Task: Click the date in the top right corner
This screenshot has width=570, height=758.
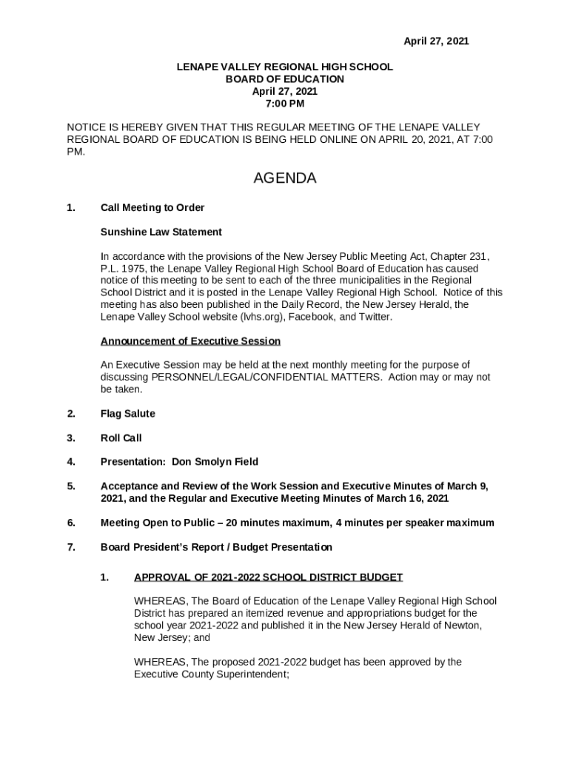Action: pyautogui.click(x=435, y=41)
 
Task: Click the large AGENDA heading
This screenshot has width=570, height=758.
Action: pyautogui.click(x=285, y=178)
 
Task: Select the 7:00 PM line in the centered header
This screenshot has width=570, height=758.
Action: pyautogui.click(x=285, y=104)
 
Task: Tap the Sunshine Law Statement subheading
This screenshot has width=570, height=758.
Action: pyautogui.click(x=161, y=232)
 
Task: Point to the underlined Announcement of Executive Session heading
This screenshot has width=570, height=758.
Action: pyautogui.click(x=190, y=341)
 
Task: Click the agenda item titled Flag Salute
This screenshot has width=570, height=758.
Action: pyautogui.click(x=127, y=414)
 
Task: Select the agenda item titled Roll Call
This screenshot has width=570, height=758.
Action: pyautogui.click(x=121, y=438)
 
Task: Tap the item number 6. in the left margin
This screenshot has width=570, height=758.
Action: pyautogui.click(x=71, y=523)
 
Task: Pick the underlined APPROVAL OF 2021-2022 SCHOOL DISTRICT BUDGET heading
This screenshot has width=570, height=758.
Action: pyautogui.click(x=268, y=577)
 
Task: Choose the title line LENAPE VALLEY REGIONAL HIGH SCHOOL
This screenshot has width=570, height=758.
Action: pyautogui.click(x=284, y=67)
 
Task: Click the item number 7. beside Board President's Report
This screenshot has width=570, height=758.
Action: pyautogui.click(x=71, y=547)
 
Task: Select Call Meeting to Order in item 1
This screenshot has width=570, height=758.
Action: pyautogui.click(x=152, y=207)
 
